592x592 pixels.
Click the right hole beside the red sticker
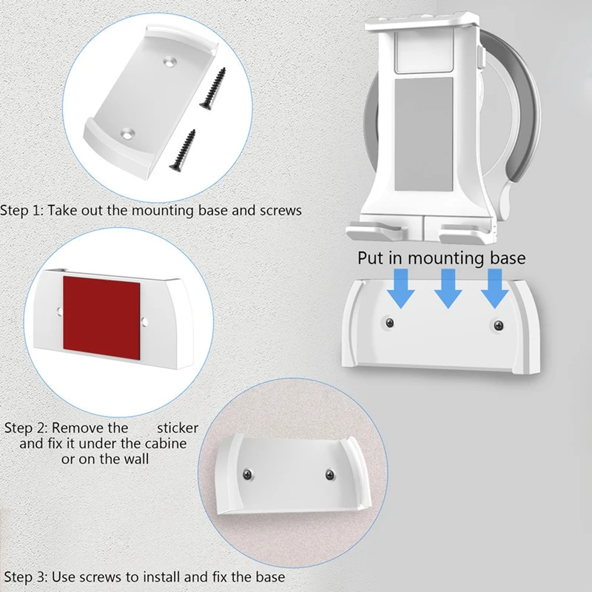(146, 321)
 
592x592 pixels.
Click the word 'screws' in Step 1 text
(280, 209)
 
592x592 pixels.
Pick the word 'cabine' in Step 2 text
(164, 443)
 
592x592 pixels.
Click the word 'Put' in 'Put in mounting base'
(371, 258)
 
